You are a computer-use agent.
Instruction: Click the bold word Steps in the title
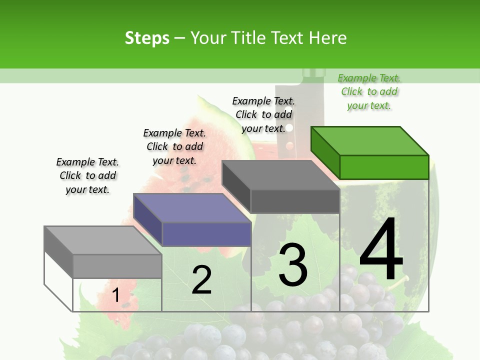147,38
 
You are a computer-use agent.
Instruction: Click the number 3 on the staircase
293,264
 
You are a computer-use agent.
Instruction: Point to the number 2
201,280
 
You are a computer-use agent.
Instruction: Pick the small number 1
115,295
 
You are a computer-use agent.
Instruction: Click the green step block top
369,140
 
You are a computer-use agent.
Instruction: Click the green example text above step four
369,91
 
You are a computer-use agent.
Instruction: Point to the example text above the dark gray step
264,114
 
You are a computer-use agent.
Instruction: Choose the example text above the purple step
174,146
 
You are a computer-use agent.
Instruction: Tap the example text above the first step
87,175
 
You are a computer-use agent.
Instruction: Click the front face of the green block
384,167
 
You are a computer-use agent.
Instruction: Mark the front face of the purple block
206,234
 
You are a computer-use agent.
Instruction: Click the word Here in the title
328,38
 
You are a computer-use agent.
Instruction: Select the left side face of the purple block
148,220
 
